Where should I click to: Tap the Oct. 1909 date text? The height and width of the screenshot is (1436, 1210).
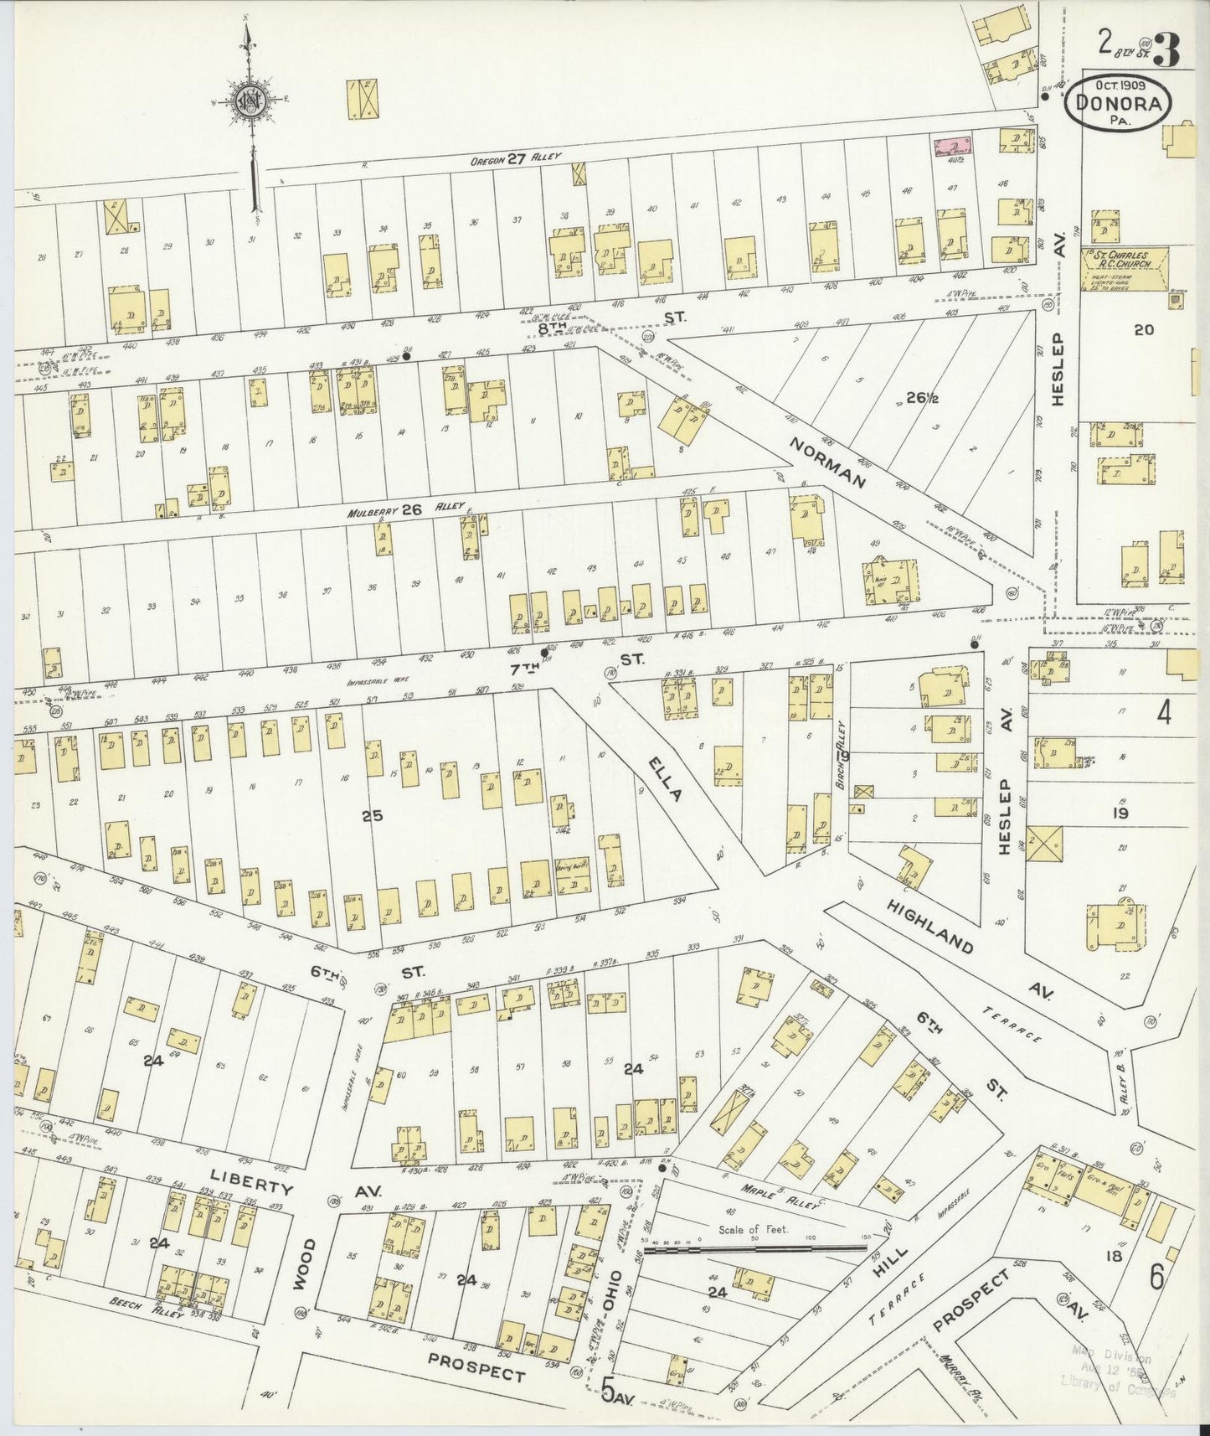[x=1120, y=85]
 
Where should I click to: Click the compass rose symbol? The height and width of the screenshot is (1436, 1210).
[x=248, y=97]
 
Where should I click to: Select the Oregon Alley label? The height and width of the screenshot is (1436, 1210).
[x=519, y=157]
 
